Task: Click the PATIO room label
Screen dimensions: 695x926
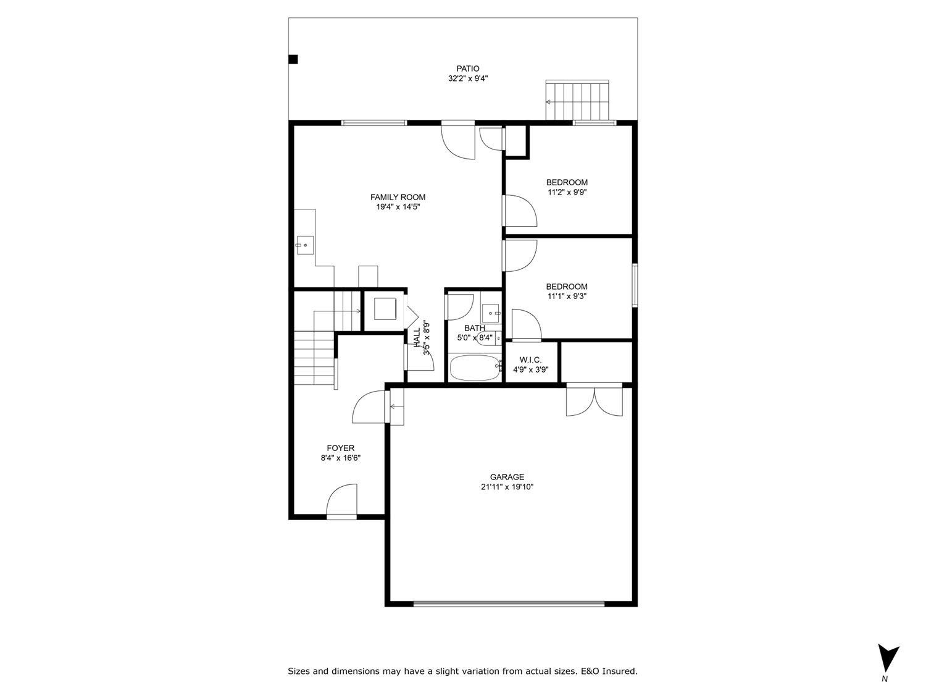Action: tap(468, 69)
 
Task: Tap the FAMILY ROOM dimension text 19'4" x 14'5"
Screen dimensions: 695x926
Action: tap(398, 208)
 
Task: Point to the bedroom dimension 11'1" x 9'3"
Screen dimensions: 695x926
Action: tap(566, 297)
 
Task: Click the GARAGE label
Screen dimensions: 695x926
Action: tap(507, 477)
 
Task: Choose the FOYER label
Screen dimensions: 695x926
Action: tap(340, 448)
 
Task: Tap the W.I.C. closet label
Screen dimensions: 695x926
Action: tap(530, 360)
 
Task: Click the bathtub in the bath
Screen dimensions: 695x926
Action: tap(474, 369)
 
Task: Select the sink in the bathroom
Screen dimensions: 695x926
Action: tap(491, 310)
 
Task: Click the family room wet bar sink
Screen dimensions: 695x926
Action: tap(304, 245)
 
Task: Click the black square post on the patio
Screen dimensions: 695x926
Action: tap(294, 59)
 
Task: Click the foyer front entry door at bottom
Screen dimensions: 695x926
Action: tap(342, 502)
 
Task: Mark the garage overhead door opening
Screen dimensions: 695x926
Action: tap(509, 604)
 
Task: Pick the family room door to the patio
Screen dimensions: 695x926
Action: tap(457, 141)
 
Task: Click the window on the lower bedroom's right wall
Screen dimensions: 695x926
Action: tap(634, 285)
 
